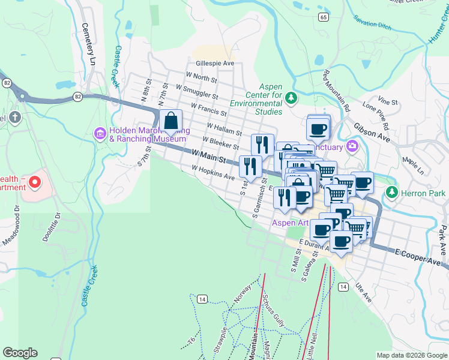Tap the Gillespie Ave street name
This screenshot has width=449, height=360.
(214, 63)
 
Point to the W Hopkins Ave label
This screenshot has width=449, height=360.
(213, 173)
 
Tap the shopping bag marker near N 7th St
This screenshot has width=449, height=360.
(171, 121)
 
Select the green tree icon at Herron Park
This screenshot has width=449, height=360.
(392, 193)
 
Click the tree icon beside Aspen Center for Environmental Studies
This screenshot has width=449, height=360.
(291, 97)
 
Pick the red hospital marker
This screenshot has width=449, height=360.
(35, 181)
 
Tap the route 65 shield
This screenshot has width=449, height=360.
(324, 17)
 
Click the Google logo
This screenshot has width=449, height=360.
(20, 353)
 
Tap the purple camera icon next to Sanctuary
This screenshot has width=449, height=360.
(352, 145)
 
